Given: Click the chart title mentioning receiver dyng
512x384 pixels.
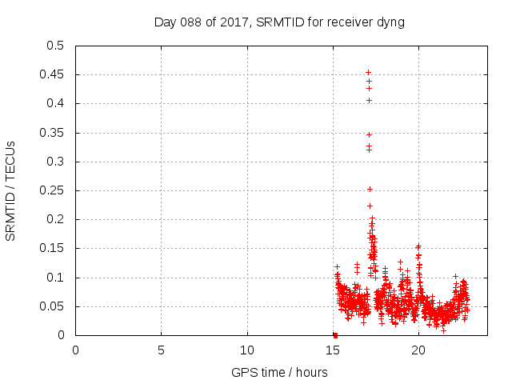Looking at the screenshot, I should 279,22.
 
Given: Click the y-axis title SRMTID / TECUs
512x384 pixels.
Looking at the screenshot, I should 10,190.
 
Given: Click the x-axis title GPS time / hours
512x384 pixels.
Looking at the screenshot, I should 279,372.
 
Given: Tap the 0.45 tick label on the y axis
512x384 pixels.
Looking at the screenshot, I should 54,74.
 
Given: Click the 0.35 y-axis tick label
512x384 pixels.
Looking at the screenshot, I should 54,133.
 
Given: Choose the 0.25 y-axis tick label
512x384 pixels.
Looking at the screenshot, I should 54,190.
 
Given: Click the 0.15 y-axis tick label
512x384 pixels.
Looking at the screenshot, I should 54,249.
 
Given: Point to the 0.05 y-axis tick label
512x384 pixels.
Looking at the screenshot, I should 54,306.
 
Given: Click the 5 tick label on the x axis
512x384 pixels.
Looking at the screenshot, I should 161,350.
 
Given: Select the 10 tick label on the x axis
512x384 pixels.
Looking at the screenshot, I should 246,350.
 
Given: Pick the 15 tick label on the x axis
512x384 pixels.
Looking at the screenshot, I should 332,350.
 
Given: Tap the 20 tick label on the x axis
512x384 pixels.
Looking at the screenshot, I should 418,350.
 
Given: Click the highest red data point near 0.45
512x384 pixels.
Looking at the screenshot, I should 368,72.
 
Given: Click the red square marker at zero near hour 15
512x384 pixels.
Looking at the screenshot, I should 335,335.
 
